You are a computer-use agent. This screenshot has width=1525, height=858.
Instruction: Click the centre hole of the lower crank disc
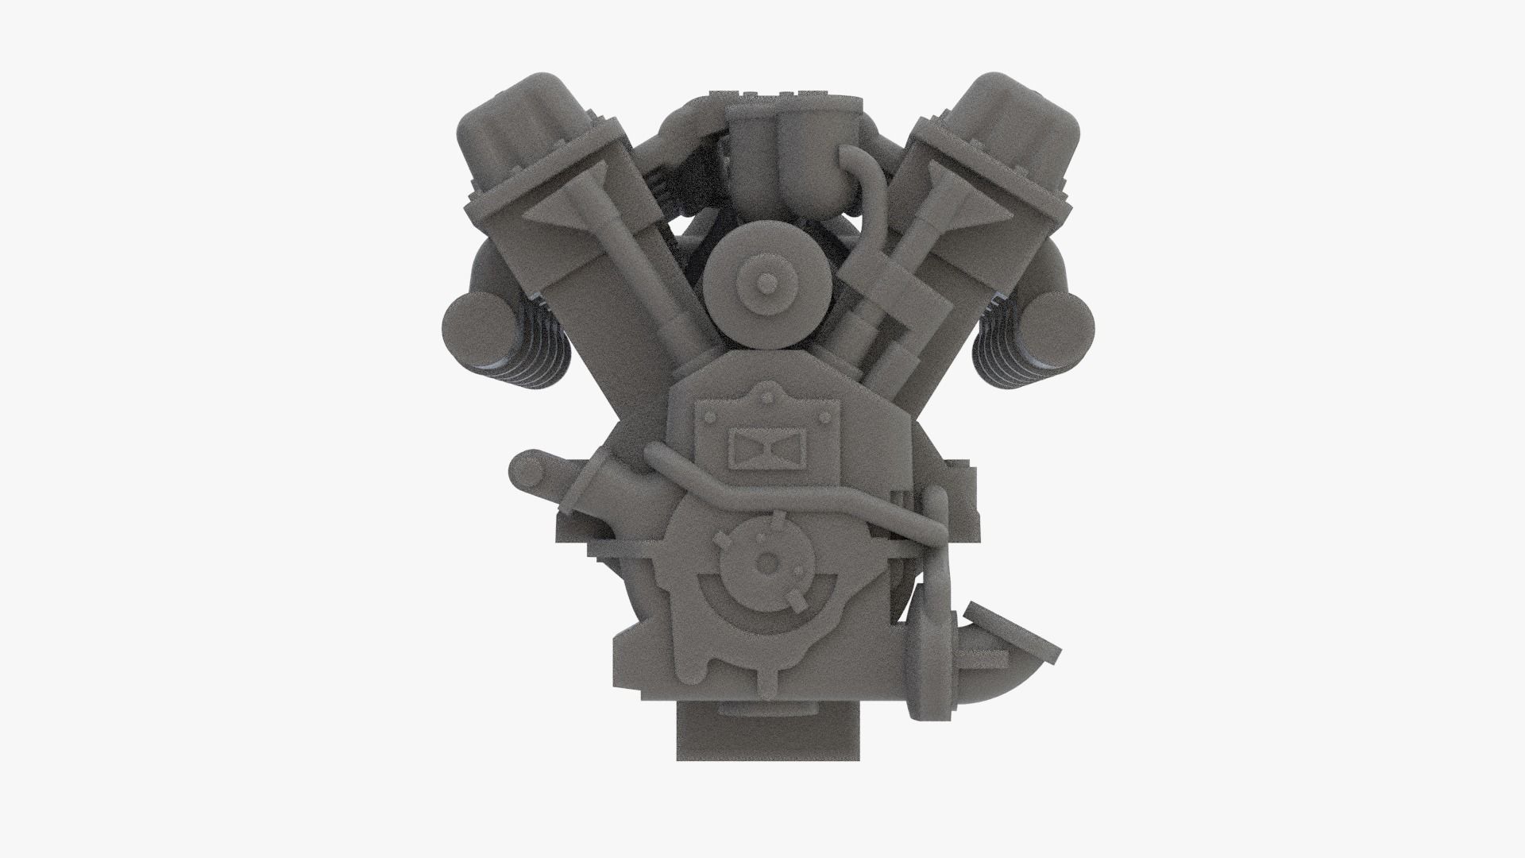click(766, 562)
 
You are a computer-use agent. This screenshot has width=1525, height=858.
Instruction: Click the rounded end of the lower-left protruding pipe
click(527, 473)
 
